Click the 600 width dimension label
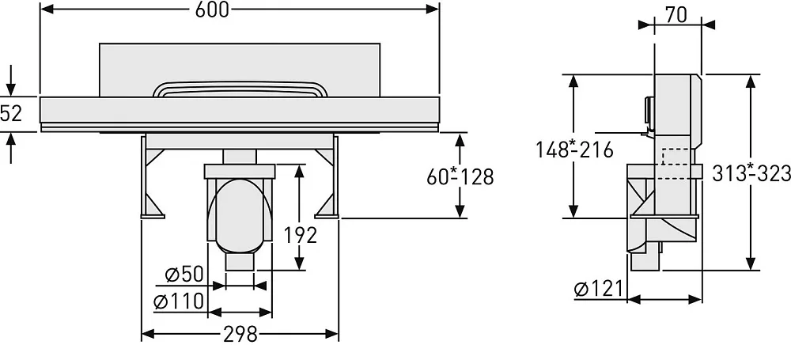[x=212, y=9]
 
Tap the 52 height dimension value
[x=11, y=114]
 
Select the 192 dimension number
[x=300, y=235]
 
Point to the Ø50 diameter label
[x=184, y=275]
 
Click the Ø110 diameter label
[x=179, y=301]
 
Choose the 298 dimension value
[x=240, y=334]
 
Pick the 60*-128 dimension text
[x=460, y=176]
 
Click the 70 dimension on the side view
[x=676, y=15]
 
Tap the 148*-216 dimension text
[x=574, y=150]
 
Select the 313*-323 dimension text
[x=751, y=173]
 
